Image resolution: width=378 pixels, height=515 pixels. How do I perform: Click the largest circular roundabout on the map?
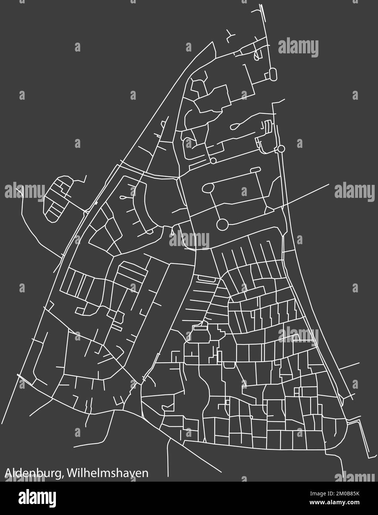222,224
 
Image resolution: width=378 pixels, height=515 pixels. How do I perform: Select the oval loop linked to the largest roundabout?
208,188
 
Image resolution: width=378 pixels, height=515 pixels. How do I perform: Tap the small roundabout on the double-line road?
281,149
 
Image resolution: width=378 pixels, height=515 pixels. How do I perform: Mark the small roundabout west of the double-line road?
213,161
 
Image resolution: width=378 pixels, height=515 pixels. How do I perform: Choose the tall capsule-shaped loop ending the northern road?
273,74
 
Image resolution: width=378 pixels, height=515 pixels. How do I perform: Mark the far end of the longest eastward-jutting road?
329,184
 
